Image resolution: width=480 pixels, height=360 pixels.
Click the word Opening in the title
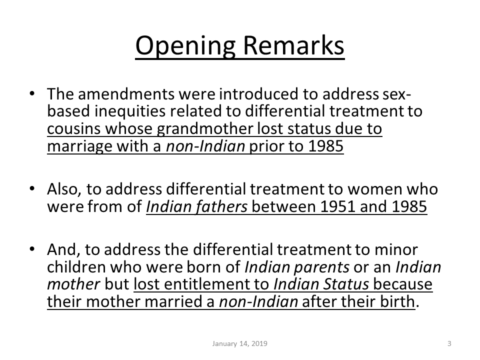(185, 45)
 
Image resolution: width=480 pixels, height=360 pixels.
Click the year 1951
(337, 206)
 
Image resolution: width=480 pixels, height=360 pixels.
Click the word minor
(396, 250)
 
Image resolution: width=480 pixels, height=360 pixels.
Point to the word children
(76, 267)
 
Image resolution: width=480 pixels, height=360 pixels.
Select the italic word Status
(346, 284)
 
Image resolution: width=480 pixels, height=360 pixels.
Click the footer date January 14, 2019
(239, 343)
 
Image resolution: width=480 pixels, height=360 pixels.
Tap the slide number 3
(449, 343)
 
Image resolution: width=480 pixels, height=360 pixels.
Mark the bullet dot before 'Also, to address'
(32, 188)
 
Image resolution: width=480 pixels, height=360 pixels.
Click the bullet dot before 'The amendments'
(32, 93)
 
